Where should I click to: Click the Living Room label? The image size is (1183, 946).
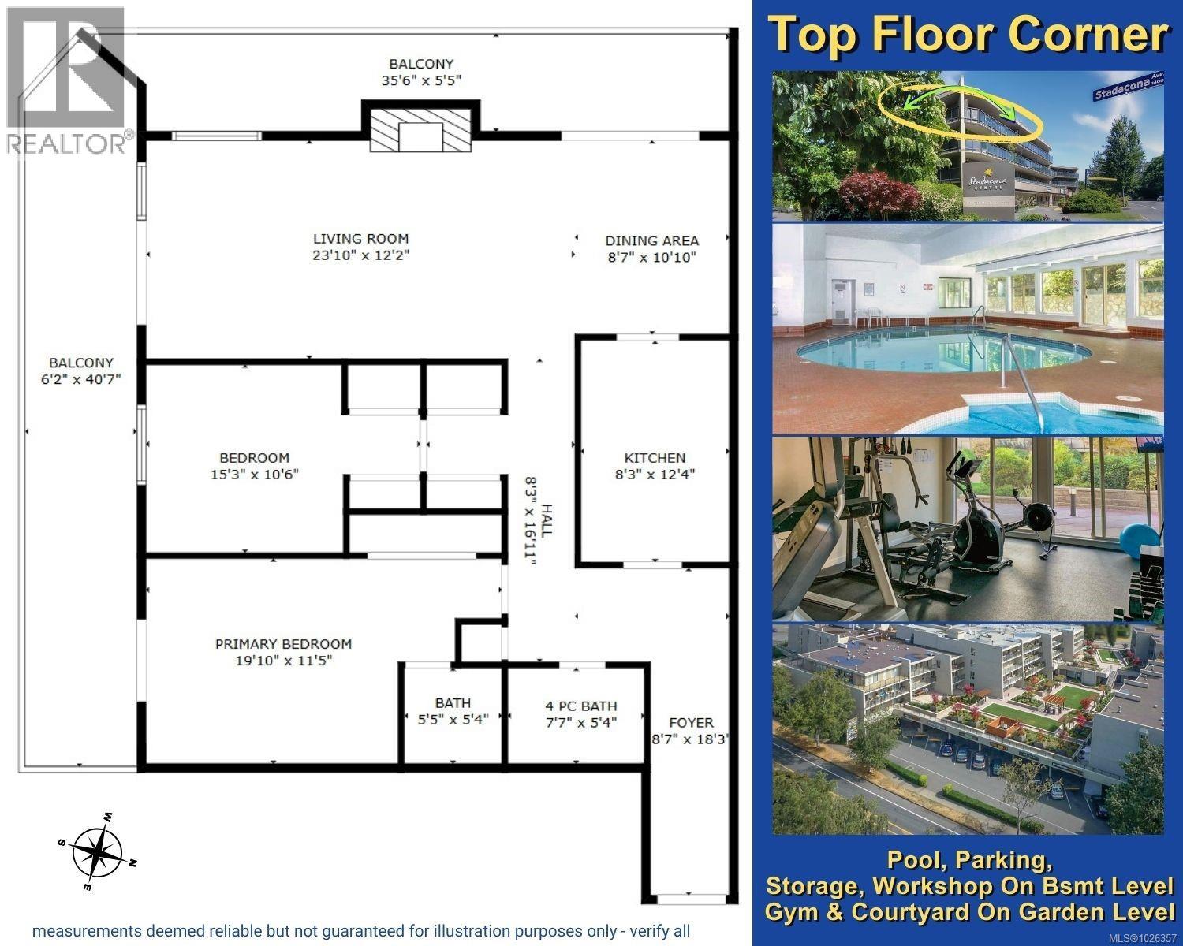(360, 239)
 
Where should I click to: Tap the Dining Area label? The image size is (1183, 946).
(651, 240)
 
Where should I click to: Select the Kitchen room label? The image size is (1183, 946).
(655, 457)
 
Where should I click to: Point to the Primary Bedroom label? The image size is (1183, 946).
(283, 644)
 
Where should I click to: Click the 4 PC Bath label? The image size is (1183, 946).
(581, 706)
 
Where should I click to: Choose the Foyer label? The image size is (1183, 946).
(691, 722)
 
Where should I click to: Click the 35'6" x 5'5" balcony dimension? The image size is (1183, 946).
(420, 80)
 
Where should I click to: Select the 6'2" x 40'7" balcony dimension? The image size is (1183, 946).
(81, 379)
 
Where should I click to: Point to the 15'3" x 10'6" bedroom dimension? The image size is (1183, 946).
(254, 474)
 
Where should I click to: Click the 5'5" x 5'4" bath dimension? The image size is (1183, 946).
(453, 718)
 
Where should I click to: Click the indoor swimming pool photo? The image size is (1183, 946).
(967, 329)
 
